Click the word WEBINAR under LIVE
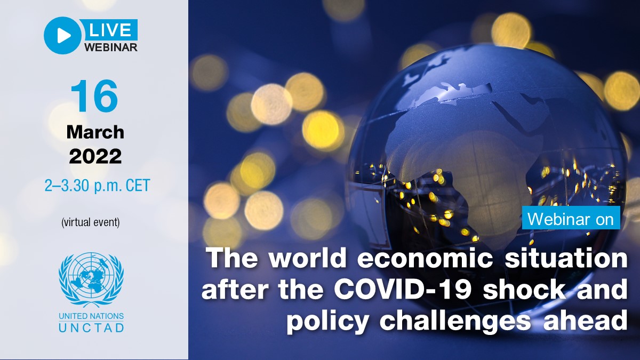tap(111, 47)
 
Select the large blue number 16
tap(94, 96)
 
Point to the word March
tap(95, 132)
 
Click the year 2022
tap(95, 156)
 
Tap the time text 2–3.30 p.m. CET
tap(97, 186)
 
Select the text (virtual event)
tap(91, 222)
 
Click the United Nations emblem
tap(91, 278)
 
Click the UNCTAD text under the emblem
tap(91, 327)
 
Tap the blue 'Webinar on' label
tap(570, 219)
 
